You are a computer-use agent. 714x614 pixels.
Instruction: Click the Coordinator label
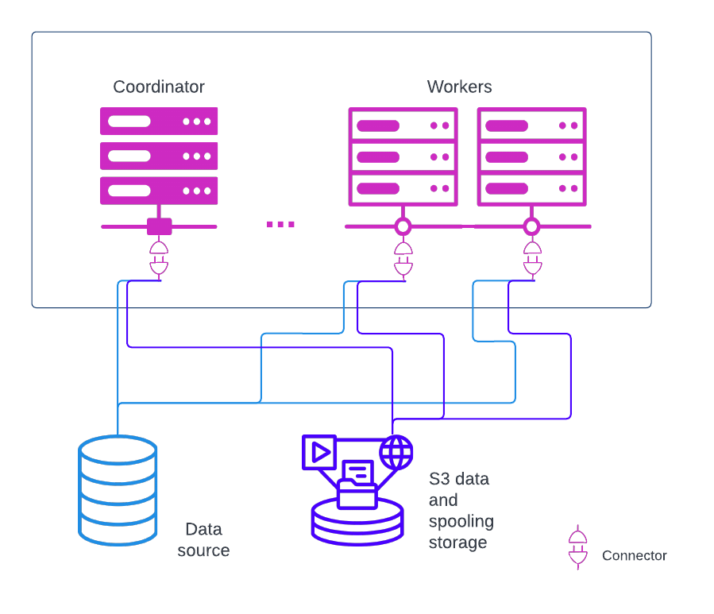point(159,87)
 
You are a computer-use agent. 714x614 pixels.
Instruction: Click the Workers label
point(459,87)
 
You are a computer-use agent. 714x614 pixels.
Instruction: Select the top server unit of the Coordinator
point(159,122)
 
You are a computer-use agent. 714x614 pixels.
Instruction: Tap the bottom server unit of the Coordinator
point(159,191)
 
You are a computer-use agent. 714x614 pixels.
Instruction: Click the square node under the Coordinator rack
point(159,226)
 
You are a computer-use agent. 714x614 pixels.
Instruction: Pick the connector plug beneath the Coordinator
point(159,259)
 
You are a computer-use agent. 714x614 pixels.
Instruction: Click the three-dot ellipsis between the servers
point(280,225)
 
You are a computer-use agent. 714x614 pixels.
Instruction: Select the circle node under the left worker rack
point(403,226)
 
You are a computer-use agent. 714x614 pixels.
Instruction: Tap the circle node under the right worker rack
point(531,226)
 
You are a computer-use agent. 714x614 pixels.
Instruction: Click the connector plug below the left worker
point(403,259)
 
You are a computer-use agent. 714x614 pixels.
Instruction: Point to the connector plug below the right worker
point(531,259)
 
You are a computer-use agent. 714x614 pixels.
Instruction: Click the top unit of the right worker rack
point(531,126)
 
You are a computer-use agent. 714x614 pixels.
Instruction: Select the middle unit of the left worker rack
point(403,157)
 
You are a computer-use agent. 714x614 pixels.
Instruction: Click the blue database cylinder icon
point(118,490)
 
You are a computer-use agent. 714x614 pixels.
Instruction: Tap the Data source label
point(203,539)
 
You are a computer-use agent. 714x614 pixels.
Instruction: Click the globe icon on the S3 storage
point(396,453)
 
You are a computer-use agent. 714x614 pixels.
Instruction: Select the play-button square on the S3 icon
point(319,452)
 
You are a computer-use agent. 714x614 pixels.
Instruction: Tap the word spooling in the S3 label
point(461,521)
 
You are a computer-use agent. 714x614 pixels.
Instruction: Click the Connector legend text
point(634,555)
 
